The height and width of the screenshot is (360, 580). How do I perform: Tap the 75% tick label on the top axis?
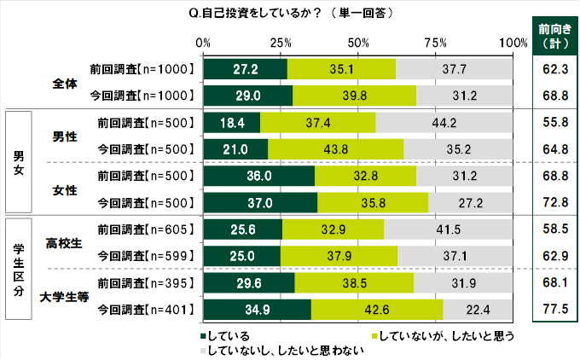[436, 43]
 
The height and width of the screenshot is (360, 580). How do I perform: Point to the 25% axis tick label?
[281, 43]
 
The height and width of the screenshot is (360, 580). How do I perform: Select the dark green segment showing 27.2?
[246, 68]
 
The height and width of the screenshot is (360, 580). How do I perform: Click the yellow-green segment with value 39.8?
[354, 94]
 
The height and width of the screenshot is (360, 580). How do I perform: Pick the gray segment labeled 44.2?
[444, 123]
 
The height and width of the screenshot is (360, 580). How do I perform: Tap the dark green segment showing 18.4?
[232, 123]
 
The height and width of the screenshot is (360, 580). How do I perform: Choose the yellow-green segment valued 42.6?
[377, 311]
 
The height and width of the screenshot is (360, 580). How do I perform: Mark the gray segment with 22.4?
[478, 311]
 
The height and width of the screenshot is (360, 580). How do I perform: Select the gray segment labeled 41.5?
[449, 230]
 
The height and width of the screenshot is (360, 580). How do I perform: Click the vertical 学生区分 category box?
[19, 269]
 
